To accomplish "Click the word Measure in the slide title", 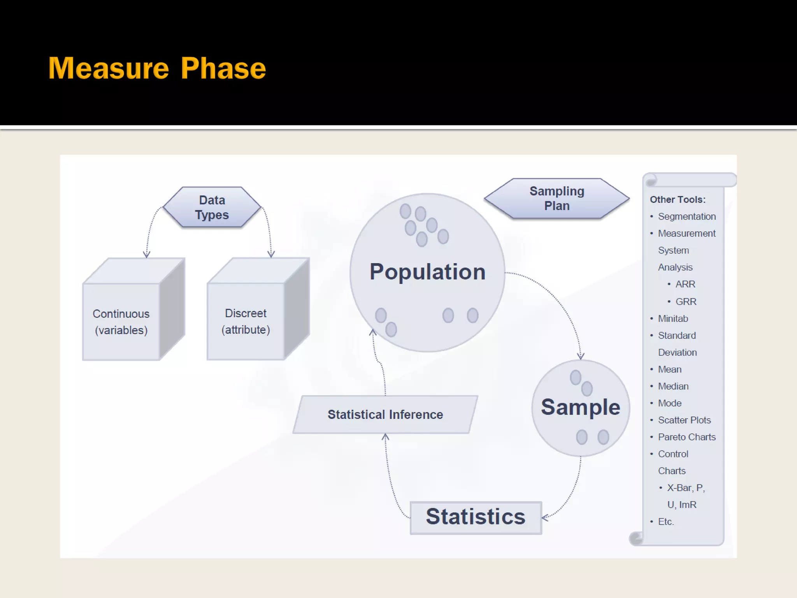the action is point(109,69).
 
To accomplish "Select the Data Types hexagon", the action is point(212,207).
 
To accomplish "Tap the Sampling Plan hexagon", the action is point(557,199).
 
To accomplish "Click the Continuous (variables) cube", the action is point(121,322).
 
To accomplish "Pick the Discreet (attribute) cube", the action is point(246,321).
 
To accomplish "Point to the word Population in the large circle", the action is point(427,271).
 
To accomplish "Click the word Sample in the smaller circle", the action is point(580,407).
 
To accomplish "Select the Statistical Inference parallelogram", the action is point(385,415).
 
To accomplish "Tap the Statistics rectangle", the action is point(476,517).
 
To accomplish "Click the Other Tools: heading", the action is point(678,200).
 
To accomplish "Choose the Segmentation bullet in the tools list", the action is point(686,216).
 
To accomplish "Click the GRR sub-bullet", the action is point(686,302).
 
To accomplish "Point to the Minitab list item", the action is point(673,318).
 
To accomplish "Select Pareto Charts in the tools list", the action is point(686,437).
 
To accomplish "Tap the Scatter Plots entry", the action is point(684,420).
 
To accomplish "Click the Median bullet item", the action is point(673,386).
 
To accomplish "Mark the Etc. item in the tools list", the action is point(665,522).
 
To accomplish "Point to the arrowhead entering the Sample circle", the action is point(581,356).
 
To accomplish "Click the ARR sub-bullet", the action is point(685,284).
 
